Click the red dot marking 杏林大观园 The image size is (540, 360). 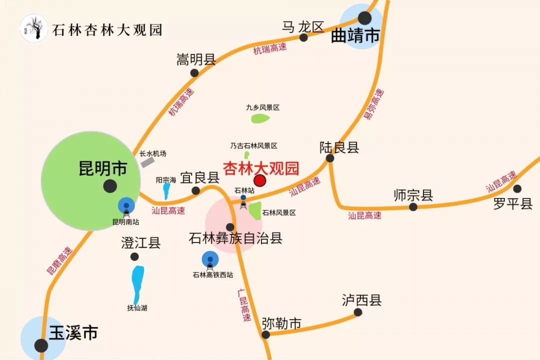click(x=260, y=180)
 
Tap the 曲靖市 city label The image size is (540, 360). click(x=355, y=36)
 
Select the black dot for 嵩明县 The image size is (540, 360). click(x=194, y=73)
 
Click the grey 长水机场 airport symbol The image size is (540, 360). click(x=147, y=161)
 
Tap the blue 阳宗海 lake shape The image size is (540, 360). click(x=166, y=191)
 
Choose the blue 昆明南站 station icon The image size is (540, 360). click(x=126, y=205)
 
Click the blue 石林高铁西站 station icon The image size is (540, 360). click(x=210, y=259)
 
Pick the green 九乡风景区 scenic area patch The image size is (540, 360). click(x=260, y=118)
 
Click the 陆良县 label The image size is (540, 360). click(x=339, y=147)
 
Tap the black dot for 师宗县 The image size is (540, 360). click(x=413, y=207)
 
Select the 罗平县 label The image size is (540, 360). click(x=513, y=203)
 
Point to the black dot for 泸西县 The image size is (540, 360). click(x=358, y=312)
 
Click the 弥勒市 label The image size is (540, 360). click(x=281, y=324)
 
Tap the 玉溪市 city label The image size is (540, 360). click(x=73, y=332)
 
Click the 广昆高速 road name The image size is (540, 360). click(x=243, y=304)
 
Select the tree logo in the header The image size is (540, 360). click(x=33, y=28)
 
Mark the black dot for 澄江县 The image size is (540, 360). click(x=134, y=256)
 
